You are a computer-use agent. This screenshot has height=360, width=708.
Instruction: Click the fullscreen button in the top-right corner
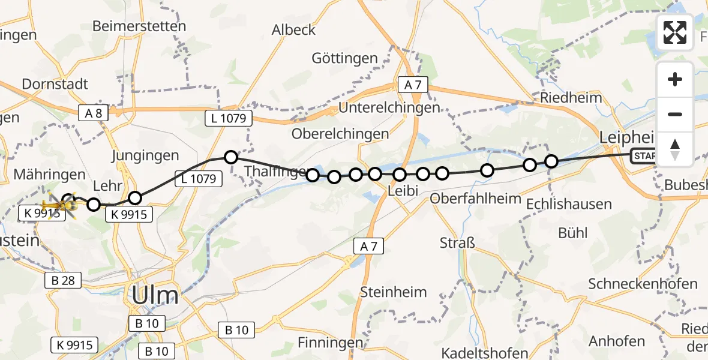click(x=675, y=32)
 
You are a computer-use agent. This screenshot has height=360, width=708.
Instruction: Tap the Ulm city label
click(x=155, y=296)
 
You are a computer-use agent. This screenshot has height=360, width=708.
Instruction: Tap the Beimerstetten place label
click(x=139, y=26)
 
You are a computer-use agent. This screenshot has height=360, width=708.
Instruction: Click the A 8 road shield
click(x=94, y=112)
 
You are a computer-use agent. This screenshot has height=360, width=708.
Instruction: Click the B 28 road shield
click(x=60, y=280)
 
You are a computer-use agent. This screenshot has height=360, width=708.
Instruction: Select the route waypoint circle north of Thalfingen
click(x=231, y=158)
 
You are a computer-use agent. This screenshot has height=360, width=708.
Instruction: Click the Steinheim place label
click(x=394, y=292)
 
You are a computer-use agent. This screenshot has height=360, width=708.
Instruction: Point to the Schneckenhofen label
click(x=643, y=284)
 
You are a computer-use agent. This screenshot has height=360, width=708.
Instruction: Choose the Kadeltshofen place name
click(x=485, y=352)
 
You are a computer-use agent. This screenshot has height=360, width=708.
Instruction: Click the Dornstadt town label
click(x=55, y=84)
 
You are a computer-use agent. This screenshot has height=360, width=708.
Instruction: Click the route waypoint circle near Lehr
click(x=135, y=198)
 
